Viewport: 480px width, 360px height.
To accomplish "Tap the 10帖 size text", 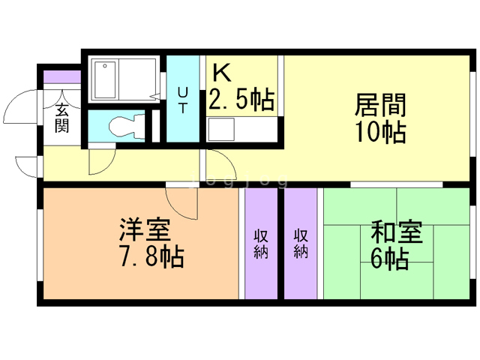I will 380,132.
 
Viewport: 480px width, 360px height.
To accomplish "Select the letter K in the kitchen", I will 222,72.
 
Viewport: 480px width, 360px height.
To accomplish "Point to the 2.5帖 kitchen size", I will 241,98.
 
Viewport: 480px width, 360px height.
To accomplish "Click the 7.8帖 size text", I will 151,257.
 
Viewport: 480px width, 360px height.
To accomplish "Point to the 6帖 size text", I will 389,259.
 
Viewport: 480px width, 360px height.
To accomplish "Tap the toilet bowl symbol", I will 122,125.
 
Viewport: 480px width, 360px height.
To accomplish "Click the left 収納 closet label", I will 261,241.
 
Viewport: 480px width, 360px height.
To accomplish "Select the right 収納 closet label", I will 301,241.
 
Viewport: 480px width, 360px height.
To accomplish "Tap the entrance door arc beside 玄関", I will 20,112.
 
